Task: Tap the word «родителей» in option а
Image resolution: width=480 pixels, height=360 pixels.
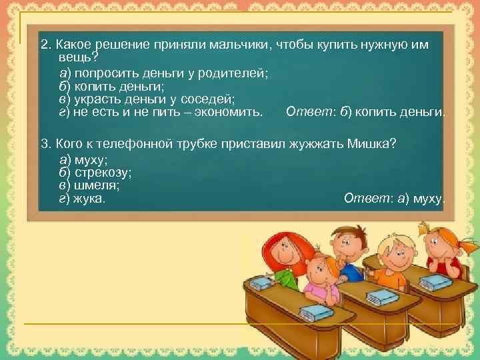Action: pyautogui.click(x=237, y=73)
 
